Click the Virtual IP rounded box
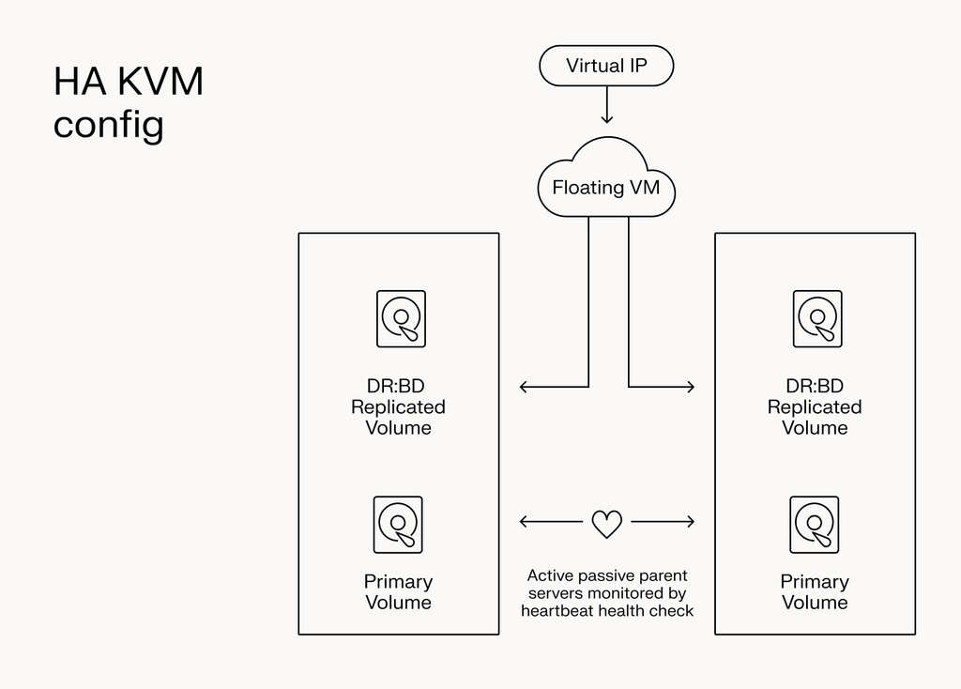tap(606, 66)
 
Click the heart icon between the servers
tap(607, 524)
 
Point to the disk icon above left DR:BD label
tap(401, 318)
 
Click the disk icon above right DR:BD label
tap(817, 318)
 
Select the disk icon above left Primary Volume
tap(398, 525)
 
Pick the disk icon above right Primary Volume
tap(815, 525)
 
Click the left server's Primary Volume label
tap(398, 592)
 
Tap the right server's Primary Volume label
tap(815, 592)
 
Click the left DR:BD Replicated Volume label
tap(398, 406)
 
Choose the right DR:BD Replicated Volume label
tap(815, 406)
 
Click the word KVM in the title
tap(160, 83)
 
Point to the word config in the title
tap(108, 125)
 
